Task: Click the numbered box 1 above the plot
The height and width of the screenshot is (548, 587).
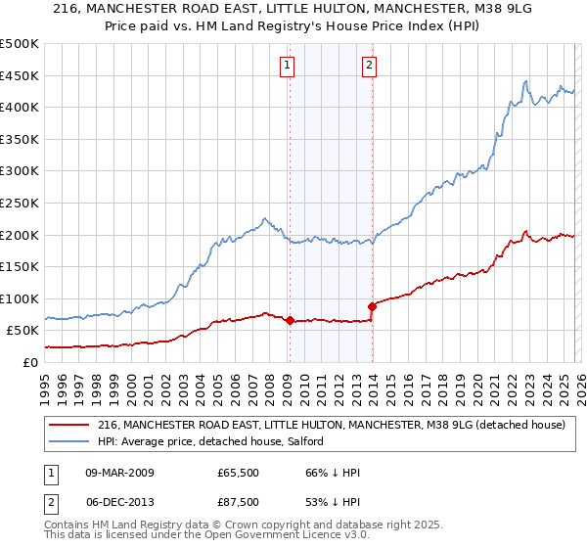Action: (x=288, y=66)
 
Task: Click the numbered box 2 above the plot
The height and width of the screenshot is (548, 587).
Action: (x=370, y=66)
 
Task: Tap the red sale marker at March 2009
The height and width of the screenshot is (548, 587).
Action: (x=290, y=320)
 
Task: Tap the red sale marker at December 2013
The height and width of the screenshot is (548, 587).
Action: (x=372, y=306)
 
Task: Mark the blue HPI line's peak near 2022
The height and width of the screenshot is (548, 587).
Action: (x=526, y=81)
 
